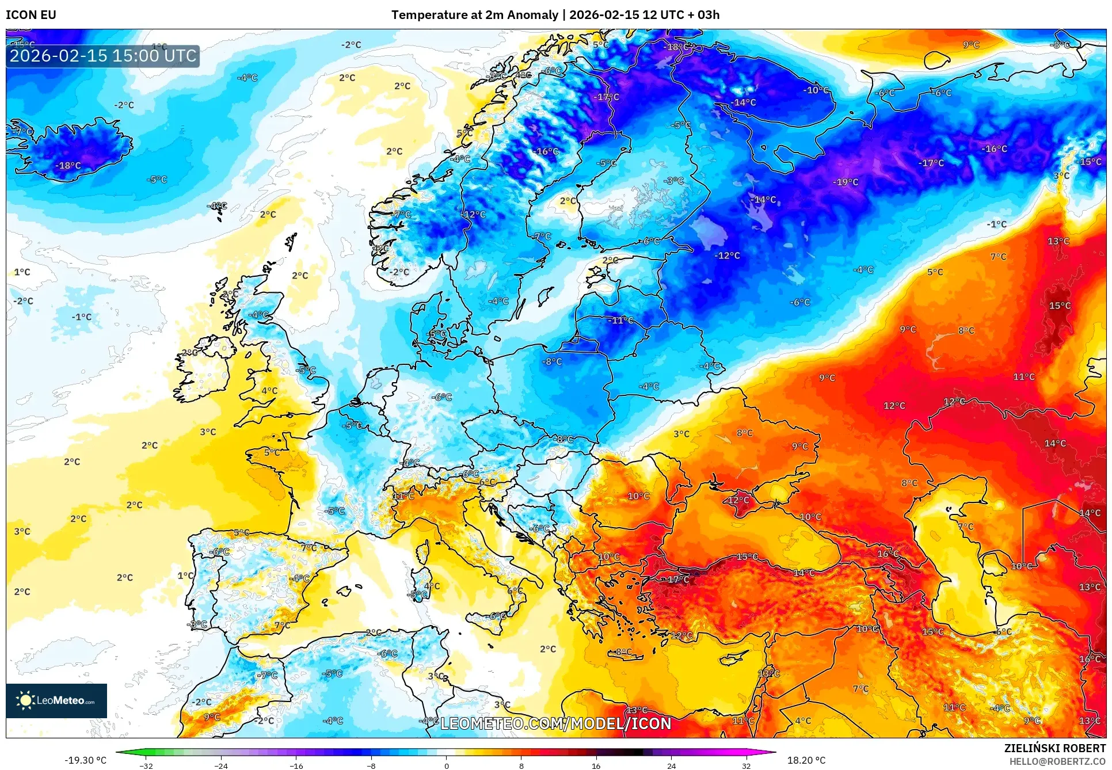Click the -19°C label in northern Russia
click(845, 182)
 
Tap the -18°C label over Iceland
click(68, 165)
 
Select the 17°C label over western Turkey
click(678, 579)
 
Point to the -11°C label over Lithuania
click(620, 320)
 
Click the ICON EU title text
click(31, 15)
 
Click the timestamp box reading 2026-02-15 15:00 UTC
click(103, 56)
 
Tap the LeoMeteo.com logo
click(56, 700)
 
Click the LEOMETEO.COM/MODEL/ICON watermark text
click(555, 723)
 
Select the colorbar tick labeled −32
click(146, 766)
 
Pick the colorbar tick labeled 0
click(446, 766)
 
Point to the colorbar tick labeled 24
click(671, 766)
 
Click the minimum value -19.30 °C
click(85, 760)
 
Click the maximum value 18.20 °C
click(806, 760)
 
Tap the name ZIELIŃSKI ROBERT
click(1054, 748)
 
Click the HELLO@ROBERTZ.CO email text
click(1057, 761)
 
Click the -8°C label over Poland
click(551, 361)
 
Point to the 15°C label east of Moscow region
click(1059, 306)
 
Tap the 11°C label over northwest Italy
click(403, 495)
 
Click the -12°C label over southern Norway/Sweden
click(473, 214)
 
